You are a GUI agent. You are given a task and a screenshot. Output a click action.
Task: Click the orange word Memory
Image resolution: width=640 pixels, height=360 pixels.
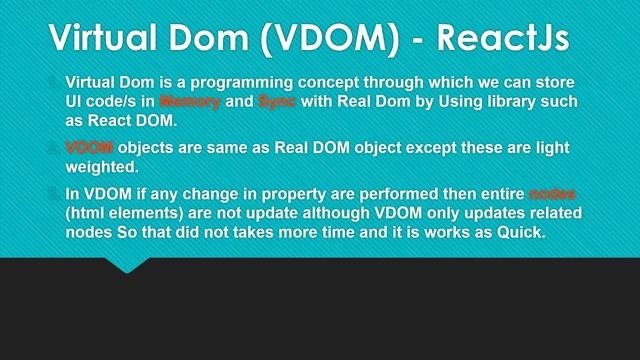coord(189,101)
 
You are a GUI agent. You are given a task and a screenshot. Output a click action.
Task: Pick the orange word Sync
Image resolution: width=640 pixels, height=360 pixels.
coord(277,101)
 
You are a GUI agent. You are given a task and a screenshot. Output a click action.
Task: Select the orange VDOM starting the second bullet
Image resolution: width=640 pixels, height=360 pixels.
coord(89,148)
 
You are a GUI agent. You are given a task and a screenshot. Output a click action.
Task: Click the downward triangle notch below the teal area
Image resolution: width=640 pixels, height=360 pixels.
coord(127,265)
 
